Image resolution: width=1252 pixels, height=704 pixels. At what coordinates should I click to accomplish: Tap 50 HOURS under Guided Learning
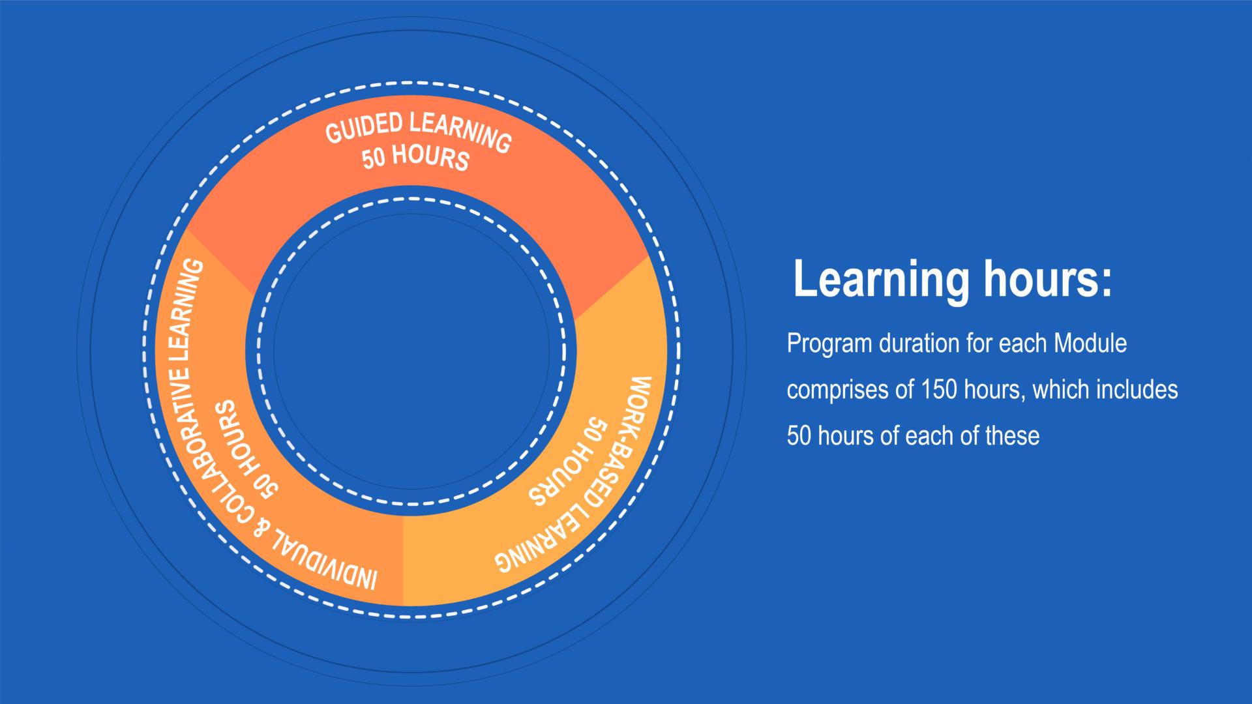pyautogui.click(x=416, y=158)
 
